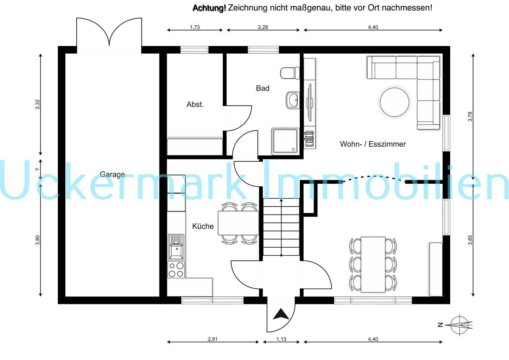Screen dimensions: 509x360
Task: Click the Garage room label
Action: tap(112, 175)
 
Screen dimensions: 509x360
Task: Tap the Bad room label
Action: tap(262, 88)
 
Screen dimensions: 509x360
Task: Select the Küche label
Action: tap(203, 226)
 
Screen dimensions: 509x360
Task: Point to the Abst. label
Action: tap(195, 105)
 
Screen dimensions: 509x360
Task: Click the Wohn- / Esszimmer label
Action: tap(373, 144)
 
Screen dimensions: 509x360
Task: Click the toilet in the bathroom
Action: tap(290, 73)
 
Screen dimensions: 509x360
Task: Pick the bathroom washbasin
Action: tap(292, 100)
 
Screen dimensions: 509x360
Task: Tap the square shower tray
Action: tap(286, 141)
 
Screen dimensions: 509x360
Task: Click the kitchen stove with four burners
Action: tap(176, 270)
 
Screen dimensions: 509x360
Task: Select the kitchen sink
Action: tap(176, 247)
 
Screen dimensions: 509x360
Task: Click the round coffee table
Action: tap(394, 102)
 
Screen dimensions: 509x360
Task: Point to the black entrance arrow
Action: tap(281, 314)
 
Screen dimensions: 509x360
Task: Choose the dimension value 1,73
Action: tap(195, 27)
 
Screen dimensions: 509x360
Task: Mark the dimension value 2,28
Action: tap(263, 27)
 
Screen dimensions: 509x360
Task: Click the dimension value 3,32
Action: tap(37, 105)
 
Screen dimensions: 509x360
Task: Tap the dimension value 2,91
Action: tap(213, 339)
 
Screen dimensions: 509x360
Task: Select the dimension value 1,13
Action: tap(281, 339)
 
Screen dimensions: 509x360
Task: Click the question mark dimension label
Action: tap(37, 169)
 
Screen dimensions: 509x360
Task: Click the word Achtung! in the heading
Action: tap(209, 8)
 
